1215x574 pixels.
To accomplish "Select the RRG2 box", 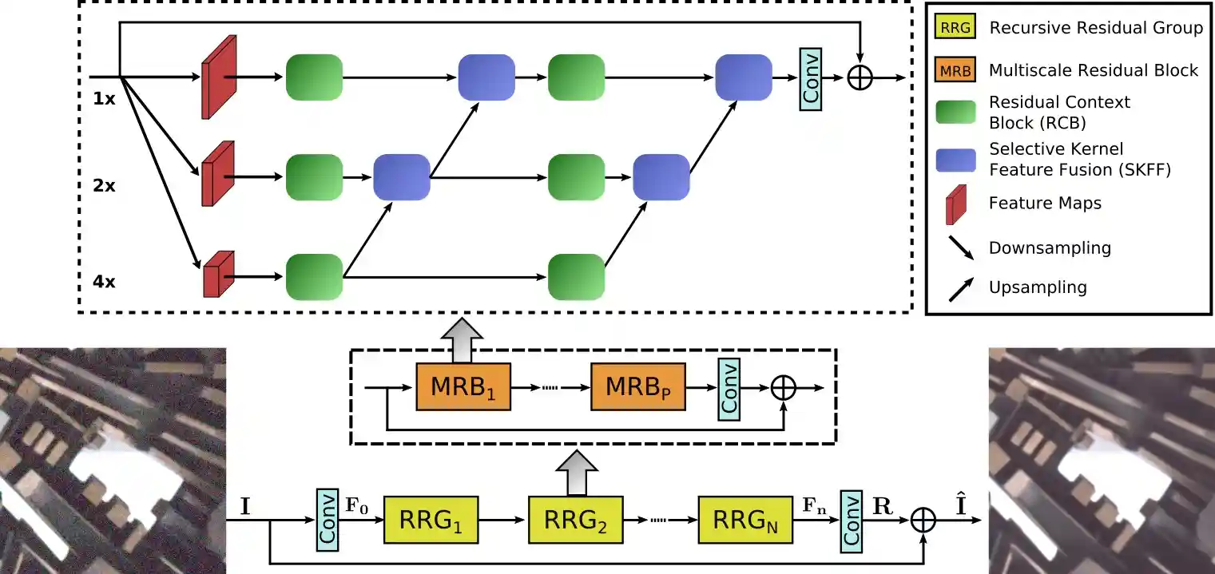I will [575, 520].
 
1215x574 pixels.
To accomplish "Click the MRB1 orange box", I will [463, 387].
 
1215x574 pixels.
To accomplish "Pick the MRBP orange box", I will [637, 387].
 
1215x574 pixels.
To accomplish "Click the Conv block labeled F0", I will [328, 519].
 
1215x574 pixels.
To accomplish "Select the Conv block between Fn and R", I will [852, 520].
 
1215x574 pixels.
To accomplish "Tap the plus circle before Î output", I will [923, 520].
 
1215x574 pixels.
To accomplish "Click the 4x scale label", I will [104, 283].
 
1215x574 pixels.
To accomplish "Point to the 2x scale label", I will [104, 186].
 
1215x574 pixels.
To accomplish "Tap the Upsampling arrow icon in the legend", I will [960, 290].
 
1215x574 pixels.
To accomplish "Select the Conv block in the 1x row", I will [810, 77].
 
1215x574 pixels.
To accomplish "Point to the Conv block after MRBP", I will [729, 386].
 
